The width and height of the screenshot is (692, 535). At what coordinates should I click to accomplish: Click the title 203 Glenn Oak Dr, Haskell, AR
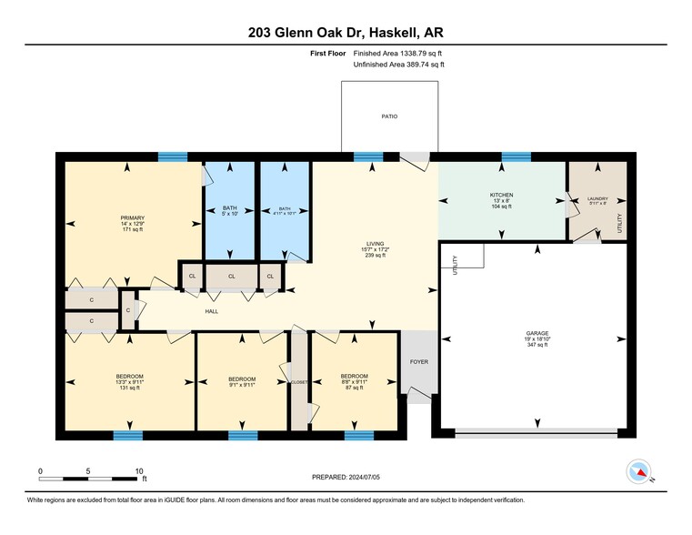[346, 32]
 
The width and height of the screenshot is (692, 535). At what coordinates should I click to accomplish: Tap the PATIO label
[389, 116]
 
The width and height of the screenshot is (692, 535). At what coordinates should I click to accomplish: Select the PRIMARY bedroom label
[133, 218]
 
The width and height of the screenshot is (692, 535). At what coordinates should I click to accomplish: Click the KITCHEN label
[502, 195]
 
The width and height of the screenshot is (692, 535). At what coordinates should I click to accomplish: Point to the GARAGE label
[537, 333]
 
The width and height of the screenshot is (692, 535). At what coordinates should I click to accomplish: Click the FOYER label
[418, 361]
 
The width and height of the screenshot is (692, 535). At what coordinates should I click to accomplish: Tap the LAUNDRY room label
[597, 198]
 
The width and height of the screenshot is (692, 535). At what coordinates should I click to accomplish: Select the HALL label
[211, 312]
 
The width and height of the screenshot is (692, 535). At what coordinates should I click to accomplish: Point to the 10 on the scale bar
[139, 470]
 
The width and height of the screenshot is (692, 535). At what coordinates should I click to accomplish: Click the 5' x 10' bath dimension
[230, 215]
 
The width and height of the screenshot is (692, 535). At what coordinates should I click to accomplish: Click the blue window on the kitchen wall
[516, 156]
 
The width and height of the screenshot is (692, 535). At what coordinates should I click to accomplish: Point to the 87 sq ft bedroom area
[354, 388]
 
